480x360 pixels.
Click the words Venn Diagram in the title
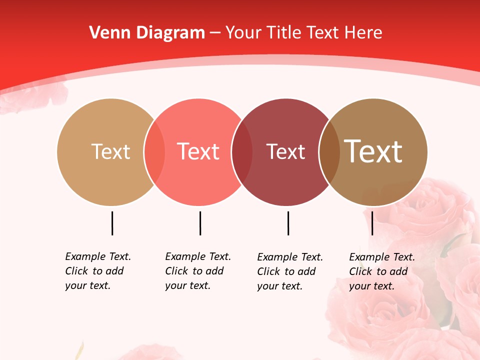click(x=147, y=33)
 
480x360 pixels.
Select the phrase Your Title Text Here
click(x=303, y=33)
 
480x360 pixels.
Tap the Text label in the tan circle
click(x=110, y=151)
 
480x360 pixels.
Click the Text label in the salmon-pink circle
click(x=198, y=151)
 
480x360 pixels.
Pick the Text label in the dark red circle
click(x=285, y=151)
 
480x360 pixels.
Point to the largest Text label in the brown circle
click(x=373, y=151)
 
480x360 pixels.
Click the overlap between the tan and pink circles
click(x=154, y=152)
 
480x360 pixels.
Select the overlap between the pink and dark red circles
click(x=242, y=152)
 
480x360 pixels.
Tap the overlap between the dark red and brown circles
click(x=329, y=152)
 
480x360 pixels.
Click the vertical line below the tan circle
click(x=112, y=223)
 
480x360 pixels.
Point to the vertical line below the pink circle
click(x=200, y=223)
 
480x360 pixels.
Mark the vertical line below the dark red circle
click(x=288, y=223)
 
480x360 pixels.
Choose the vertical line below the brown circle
click(x=372, y=223)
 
